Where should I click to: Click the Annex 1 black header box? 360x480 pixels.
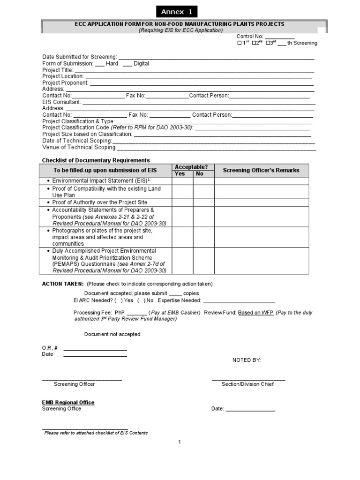click(177, 12)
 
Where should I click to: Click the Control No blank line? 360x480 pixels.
click(280, 37)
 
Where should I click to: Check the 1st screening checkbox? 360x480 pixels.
click(240, 43)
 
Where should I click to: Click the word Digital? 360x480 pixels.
click(141, 64)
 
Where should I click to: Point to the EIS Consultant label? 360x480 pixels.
click(61, 102)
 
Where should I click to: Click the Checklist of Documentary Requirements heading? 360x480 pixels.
click(96, 160)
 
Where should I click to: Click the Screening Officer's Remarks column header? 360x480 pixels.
click(261, 170)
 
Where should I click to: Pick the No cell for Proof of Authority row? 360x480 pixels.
click(203, 202)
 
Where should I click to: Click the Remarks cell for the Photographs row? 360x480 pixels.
click(261, 237)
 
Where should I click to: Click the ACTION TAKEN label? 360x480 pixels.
click(63, 284)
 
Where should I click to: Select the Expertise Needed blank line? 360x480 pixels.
click(239, 301)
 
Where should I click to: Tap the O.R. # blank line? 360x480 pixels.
click(95, 348)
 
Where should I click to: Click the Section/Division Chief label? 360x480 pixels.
click(247, 384)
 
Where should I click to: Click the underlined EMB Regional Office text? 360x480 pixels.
click(68, 402)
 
